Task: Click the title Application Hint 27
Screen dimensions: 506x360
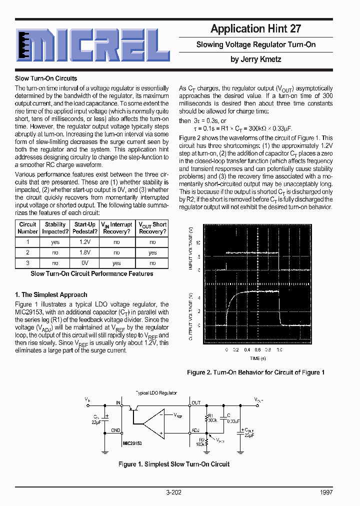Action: point(255,28)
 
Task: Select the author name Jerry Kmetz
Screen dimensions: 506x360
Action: point(255,59)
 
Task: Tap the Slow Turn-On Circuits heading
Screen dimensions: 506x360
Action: point(46,78)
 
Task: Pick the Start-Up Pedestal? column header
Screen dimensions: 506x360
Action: point(84,228)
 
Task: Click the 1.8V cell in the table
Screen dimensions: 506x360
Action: point(84,252)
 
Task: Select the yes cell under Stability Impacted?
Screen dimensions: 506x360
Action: point(55,242)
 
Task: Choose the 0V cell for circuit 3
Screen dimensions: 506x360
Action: point(84,263)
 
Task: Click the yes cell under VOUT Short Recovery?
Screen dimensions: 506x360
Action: point(152,252)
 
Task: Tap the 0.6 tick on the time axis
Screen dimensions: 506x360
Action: point(257,350)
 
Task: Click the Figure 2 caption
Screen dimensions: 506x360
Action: point(255,372)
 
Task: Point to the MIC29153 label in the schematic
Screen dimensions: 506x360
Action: point(132,443)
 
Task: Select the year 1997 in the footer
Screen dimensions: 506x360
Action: point(326,492)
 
